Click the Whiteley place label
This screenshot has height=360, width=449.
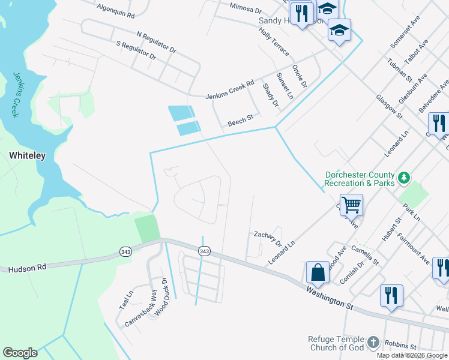click(x=27, y=155)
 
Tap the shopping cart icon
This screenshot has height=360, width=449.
click(x=351, y=205)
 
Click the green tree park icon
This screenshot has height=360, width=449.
click(x=405, y=178)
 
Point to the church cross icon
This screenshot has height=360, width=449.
click(x=373, y=342)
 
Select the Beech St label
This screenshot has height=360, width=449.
click(x=241, y=123)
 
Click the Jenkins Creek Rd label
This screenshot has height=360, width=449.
click(x=230, y=89)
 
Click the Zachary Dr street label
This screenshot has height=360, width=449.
click(x=268, y=238)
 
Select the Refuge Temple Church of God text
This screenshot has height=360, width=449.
click(x=336, y=343)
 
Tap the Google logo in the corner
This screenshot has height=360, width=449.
click(x=20, y=352)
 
